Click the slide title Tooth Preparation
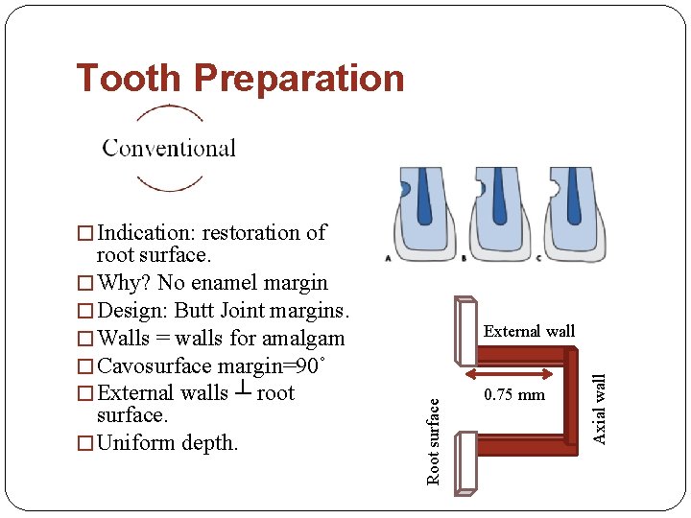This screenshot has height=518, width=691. tap(240, 78)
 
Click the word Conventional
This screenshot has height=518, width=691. tap(169, 148)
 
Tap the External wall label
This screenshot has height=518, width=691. tap(529, 331)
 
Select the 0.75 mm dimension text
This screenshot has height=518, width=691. tap(513, 394)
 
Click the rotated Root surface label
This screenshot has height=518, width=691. tap(434, 442)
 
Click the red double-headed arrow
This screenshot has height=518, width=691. tap(513, 367)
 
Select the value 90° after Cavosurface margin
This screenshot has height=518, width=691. tap(312, 365)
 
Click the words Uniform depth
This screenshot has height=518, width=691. tap(168, 443)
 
